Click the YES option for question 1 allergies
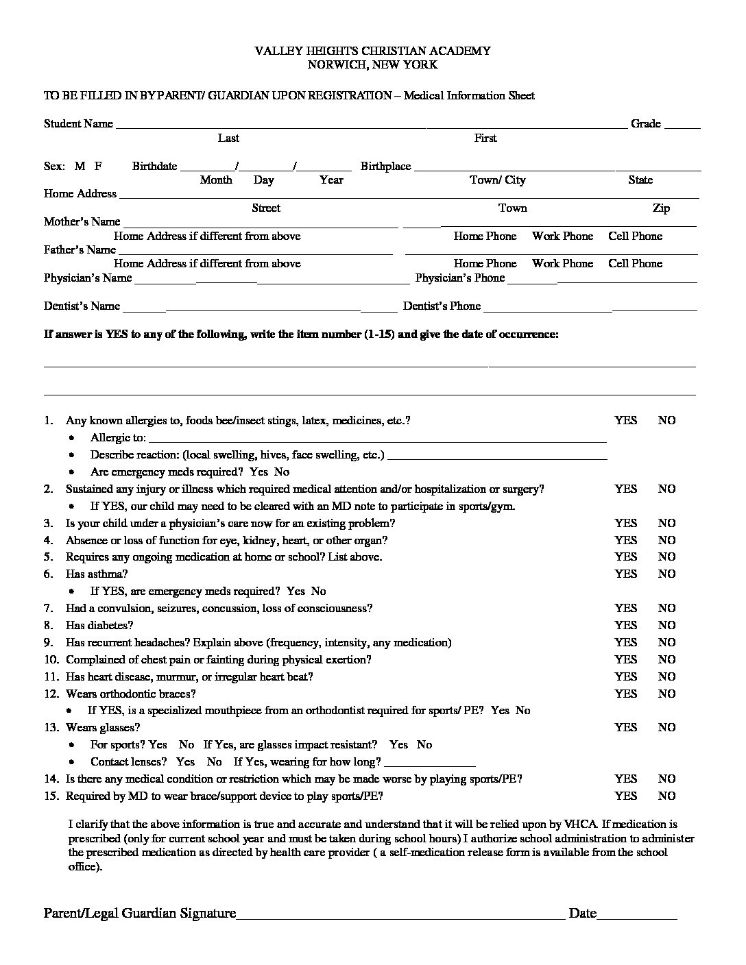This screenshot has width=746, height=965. pyautogui.click(x=625, y=420)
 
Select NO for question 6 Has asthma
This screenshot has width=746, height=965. pyautogui.click(x=666, y=574)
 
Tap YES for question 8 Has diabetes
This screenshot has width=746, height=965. pyautogui.click(x=625, y=625)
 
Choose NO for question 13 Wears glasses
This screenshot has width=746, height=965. pyautogui.click(x=666, y=727)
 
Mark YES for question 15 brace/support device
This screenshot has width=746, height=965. pyautogui.click(x=625, y=796)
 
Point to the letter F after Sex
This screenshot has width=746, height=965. pyautogui.click(x=98, y=166)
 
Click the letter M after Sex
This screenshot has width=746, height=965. pyautogui.click(x=80, y=166)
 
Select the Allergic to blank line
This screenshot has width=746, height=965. pyautogui.click(x=377, y=439)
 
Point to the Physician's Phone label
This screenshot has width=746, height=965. pyautogui.click(x=459, y=278)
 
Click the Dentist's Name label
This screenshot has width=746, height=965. pyautogui.click(x=82, y=306)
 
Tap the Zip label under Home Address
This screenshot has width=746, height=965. pyautogui.click(x=661, y=208)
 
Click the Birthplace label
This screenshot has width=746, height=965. pyautogui.click(x=385, y=166)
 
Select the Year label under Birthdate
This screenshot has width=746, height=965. pyautogui.click(x=331, y=180)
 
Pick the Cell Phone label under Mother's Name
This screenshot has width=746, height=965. pyautogui.click(x=635, y=236)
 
